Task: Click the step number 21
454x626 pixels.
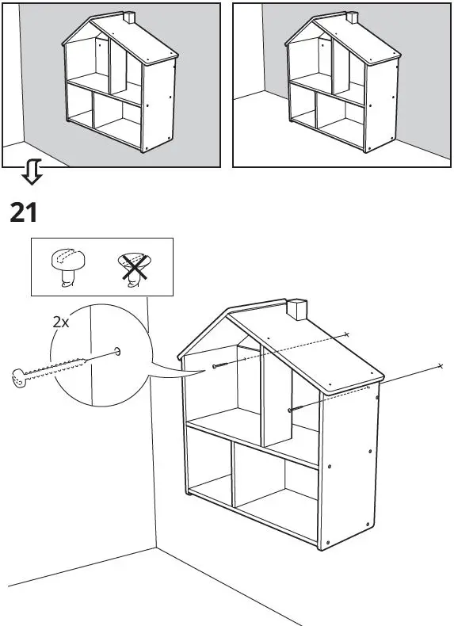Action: [x=25, y=212]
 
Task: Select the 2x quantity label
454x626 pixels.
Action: [x=61, y=323]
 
